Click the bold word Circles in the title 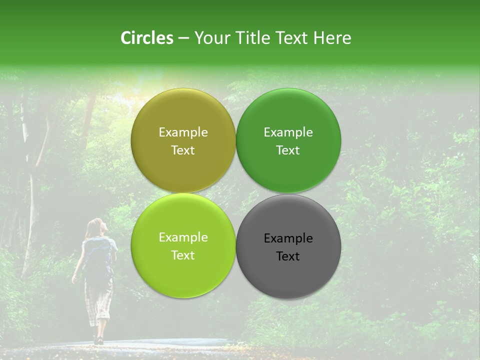pos(147,38)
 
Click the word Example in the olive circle pos(183,132)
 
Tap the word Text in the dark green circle pos(288,150)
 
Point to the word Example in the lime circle pos(183,237)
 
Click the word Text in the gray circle pos(288,256)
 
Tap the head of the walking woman pos(95,227)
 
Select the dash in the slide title pos(183,38)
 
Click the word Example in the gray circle pos(288,238)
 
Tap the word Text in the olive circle pos(183,150)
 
